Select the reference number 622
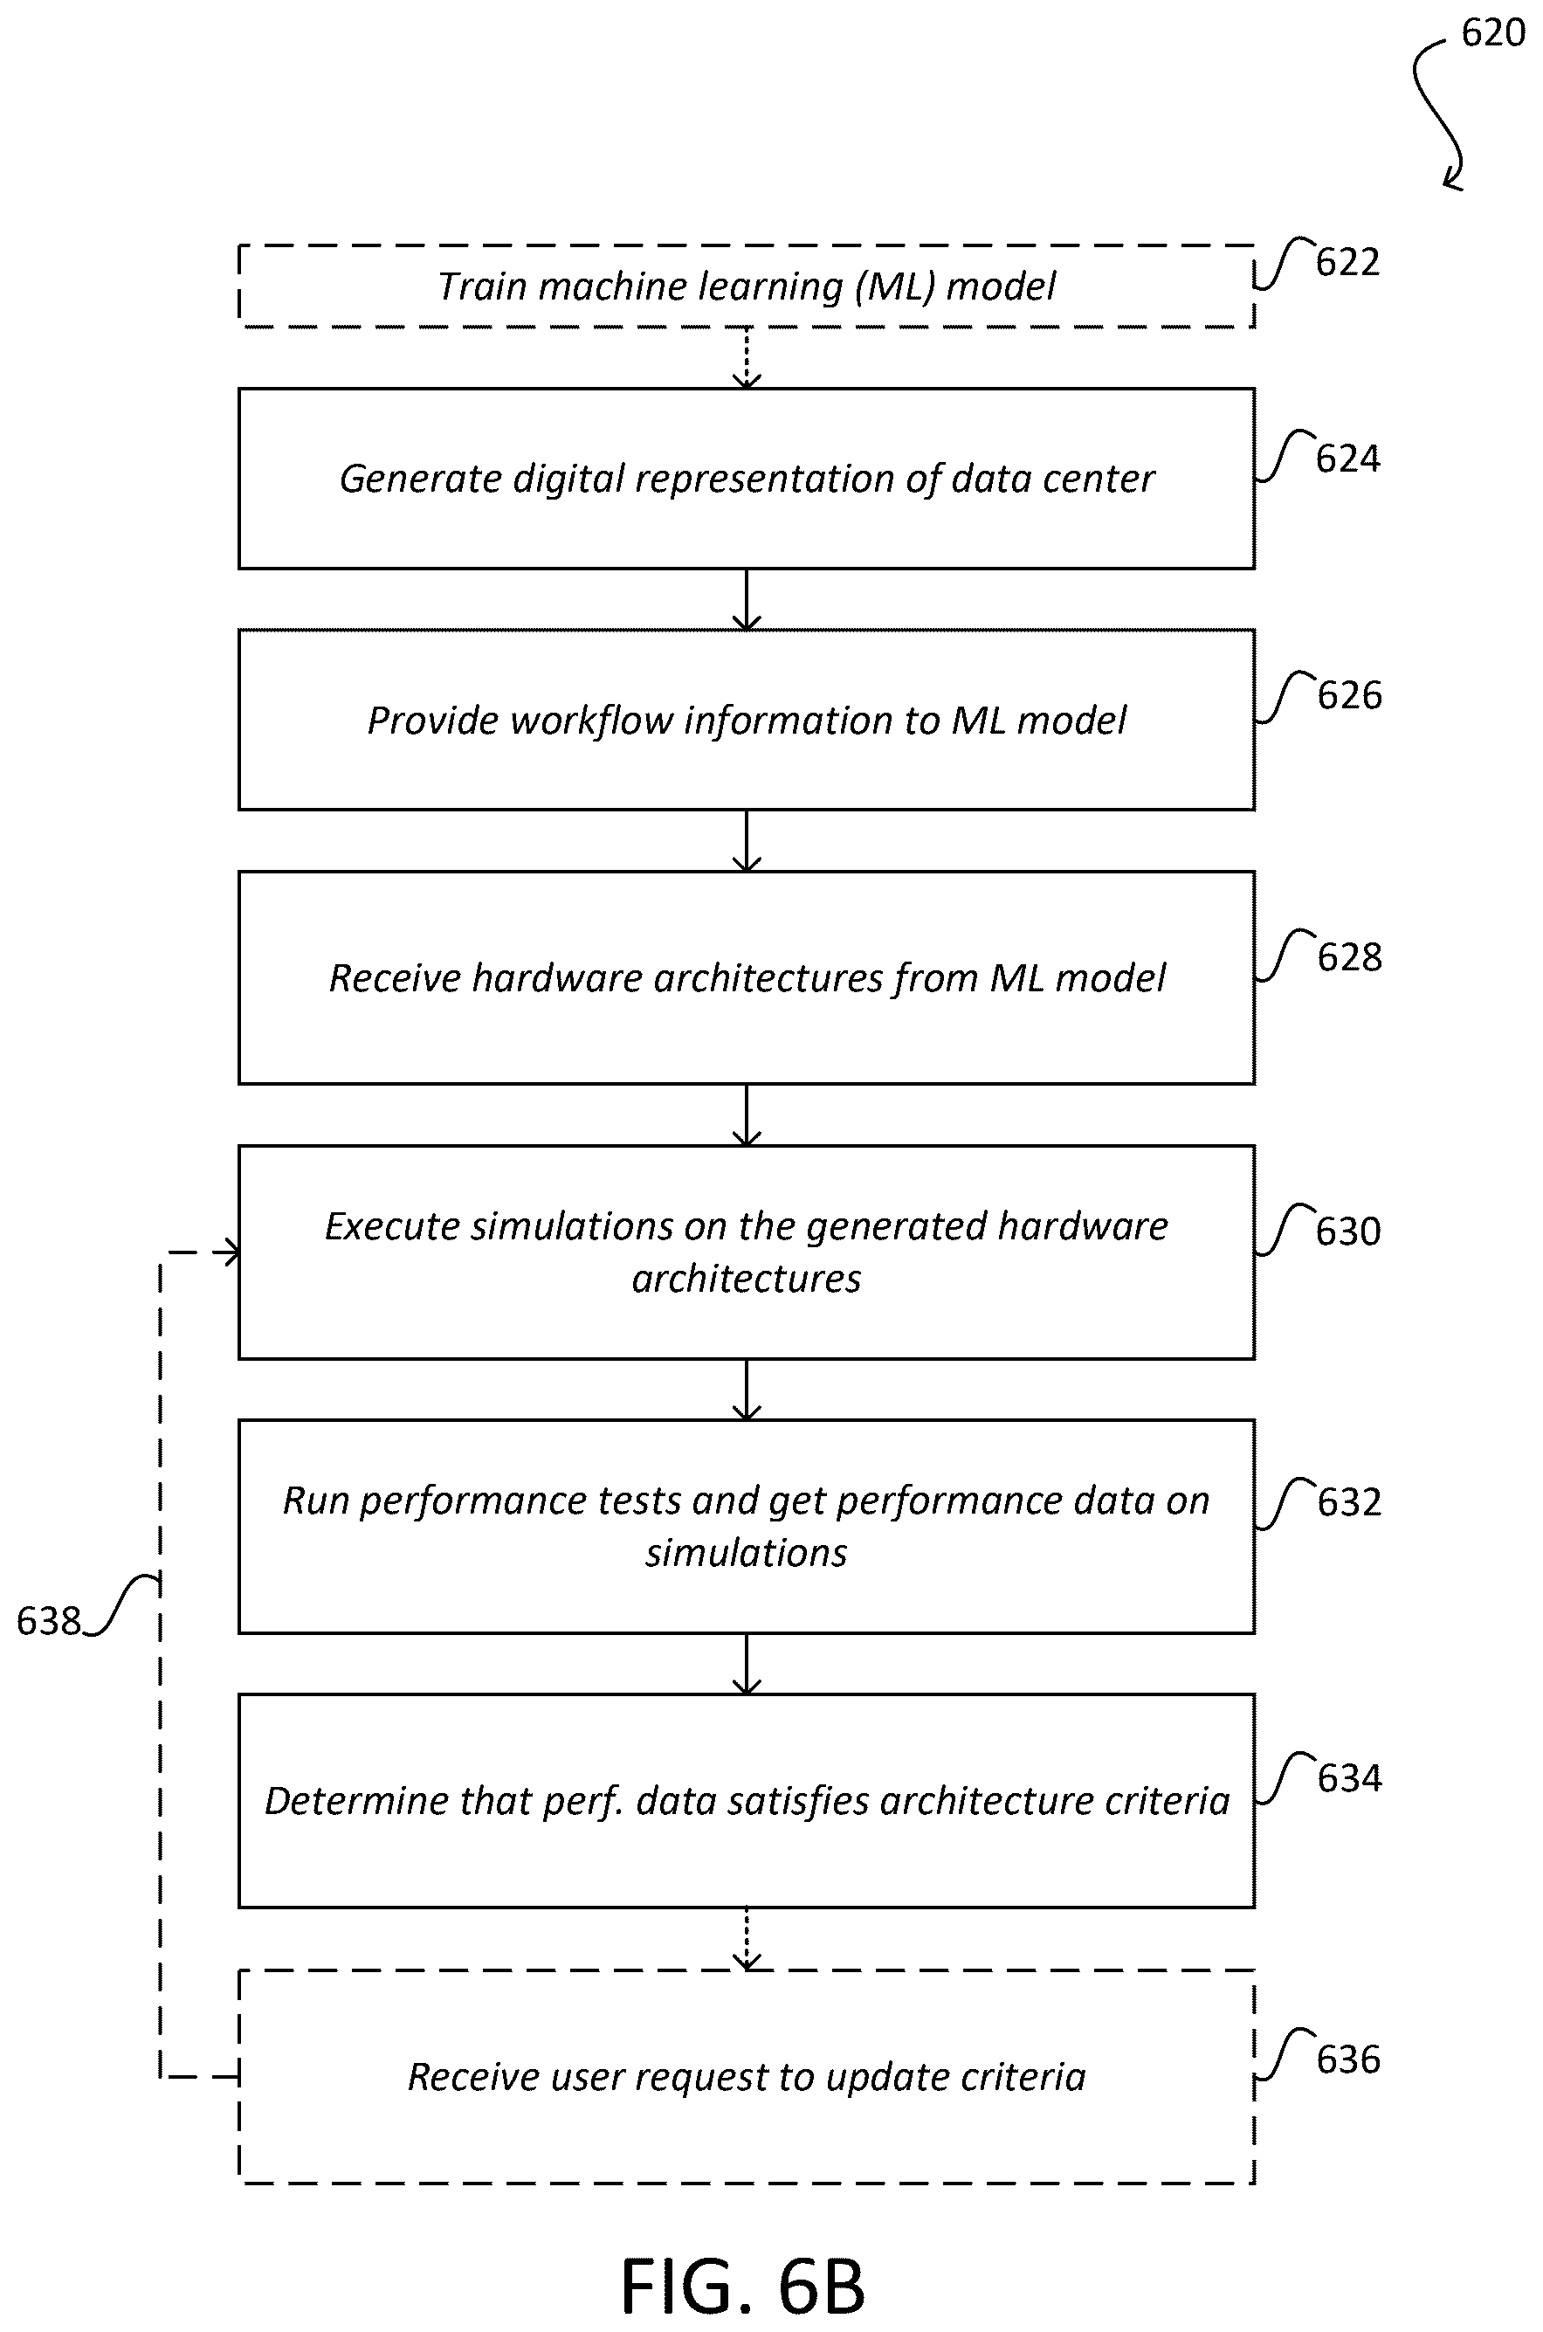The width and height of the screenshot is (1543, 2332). click(1348, 263)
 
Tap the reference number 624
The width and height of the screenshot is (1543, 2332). click(1348, 459)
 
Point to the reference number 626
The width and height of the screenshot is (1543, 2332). click(1350, 695)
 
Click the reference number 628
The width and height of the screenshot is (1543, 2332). click(1350, 957)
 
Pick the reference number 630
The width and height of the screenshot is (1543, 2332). click(1348, 1232)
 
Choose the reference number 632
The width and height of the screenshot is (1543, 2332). click(1350, 1502)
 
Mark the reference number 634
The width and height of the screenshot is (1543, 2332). click(1350, 1778)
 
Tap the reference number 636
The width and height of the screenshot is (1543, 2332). click(1348, 2059)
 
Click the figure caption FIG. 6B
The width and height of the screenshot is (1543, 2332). click(743, 2287)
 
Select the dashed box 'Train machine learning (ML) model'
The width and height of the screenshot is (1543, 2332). click(747, 286)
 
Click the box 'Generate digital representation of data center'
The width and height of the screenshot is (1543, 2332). click(747, 480)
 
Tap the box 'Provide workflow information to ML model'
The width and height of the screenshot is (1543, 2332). click(747, 721)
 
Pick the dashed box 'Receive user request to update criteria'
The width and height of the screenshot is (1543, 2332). click(747, 2077)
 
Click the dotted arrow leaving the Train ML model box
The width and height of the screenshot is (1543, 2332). click(747, 358)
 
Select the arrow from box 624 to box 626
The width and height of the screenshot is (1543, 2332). click(747, 599)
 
